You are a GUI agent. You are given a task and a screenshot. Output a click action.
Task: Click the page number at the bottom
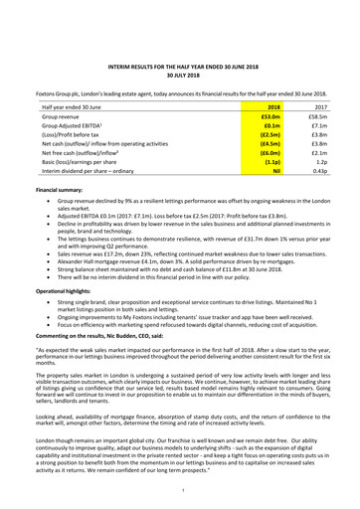[x=180, y=491]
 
